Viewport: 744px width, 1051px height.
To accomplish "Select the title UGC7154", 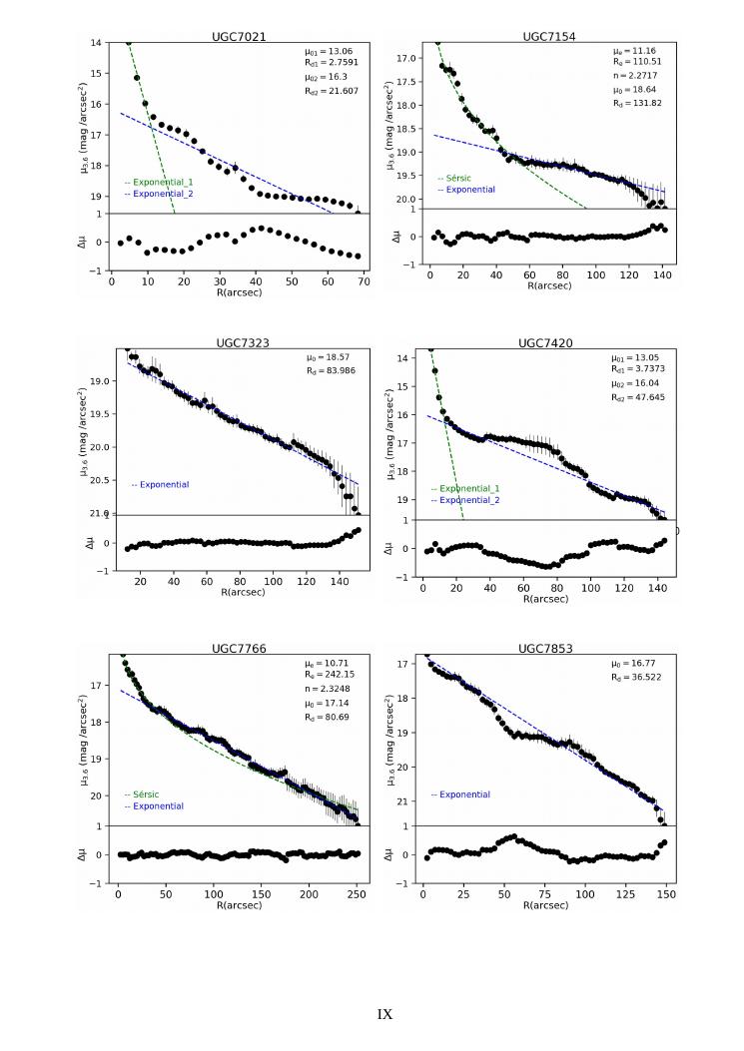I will click(548, 36).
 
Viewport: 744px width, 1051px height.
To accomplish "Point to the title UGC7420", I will click(545, 342).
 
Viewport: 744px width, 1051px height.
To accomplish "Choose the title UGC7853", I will click(545, 649).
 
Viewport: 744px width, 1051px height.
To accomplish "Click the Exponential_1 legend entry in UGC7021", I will click(158, 182).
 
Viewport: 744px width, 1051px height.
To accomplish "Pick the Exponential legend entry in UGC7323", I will click(164, 485).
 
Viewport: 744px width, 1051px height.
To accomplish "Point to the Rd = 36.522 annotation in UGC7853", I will click(636, 677).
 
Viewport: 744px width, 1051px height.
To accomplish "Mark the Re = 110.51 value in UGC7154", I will click(635, 62).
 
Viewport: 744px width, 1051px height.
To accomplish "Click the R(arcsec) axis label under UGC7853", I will click(545, 905).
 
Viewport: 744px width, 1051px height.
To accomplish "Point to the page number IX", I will click(384, 1014).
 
